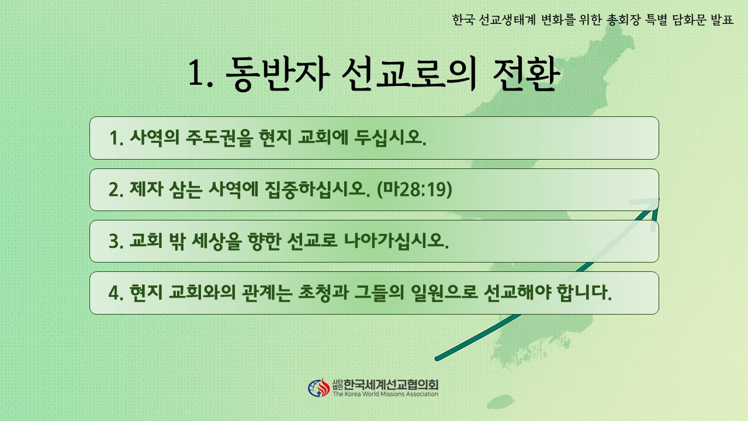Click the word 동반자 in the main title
[278, 74]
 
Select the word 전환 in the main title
[526, 74]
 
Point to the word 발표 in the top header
[722, 20]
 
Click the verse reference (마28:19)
[414, 189]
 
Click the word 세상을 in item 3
[216, 240]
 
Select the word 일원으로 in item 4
[444, 292]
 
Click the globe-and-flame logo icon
[319, 388]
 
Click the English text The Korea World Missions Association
[385, 394]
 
